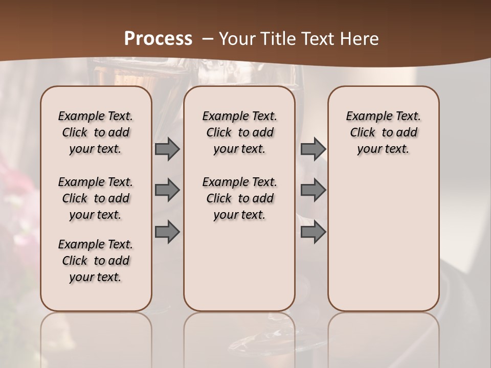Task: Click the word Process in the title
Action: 158,39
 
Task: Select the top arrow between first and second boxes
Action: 167,149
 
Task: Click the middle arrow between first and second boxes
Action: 167,190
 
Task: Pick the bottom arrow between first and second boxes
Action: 167,232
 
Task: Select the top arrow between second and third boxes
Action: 313,149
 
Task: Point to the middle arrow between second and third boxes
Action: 313,190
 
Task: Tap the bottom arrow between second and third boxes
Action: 313,232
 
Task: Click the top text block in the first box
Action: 96,132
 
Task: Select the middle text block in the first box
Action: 96,198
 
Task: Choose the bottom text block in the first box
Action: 96,261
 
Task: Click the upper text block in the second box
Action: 239,132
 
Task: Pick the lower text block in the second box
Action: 239,198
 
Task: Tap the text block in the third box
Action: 384,132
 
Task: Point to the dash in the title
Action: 208,39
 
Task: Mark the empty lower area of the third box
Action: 384,235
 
